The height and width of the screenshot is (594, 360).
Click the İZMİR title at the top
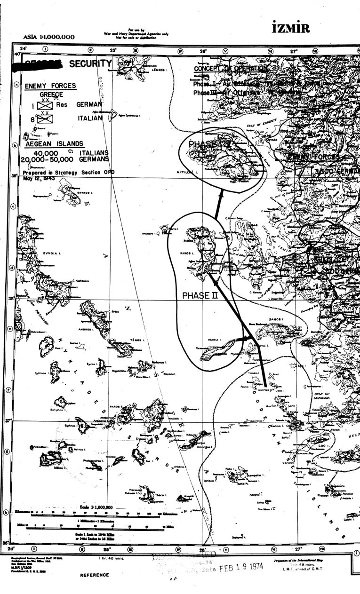[x=291, y=28]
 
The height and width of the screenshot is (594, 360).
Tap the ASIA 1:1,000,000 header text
[x=49, y=37]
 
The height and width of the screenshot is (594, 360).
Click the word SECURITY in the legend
[x=90, y=63]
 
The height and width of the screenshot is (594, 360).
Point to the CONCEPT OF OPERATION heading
[x=231, y=69]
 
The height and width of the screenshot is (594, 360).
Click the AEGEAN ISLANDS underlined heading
[x=55, y=144]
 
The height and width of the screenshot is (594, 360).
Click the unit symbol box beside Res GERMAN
[x=45, y=105]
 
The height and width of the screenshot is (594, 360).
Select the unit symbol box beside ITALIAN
[x=45, y=119]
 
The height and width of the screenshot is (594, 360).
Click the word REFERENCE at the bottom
[x=94, y=575]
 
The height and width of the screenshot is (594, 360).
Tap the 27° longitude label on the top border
[x=295, y=51]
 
